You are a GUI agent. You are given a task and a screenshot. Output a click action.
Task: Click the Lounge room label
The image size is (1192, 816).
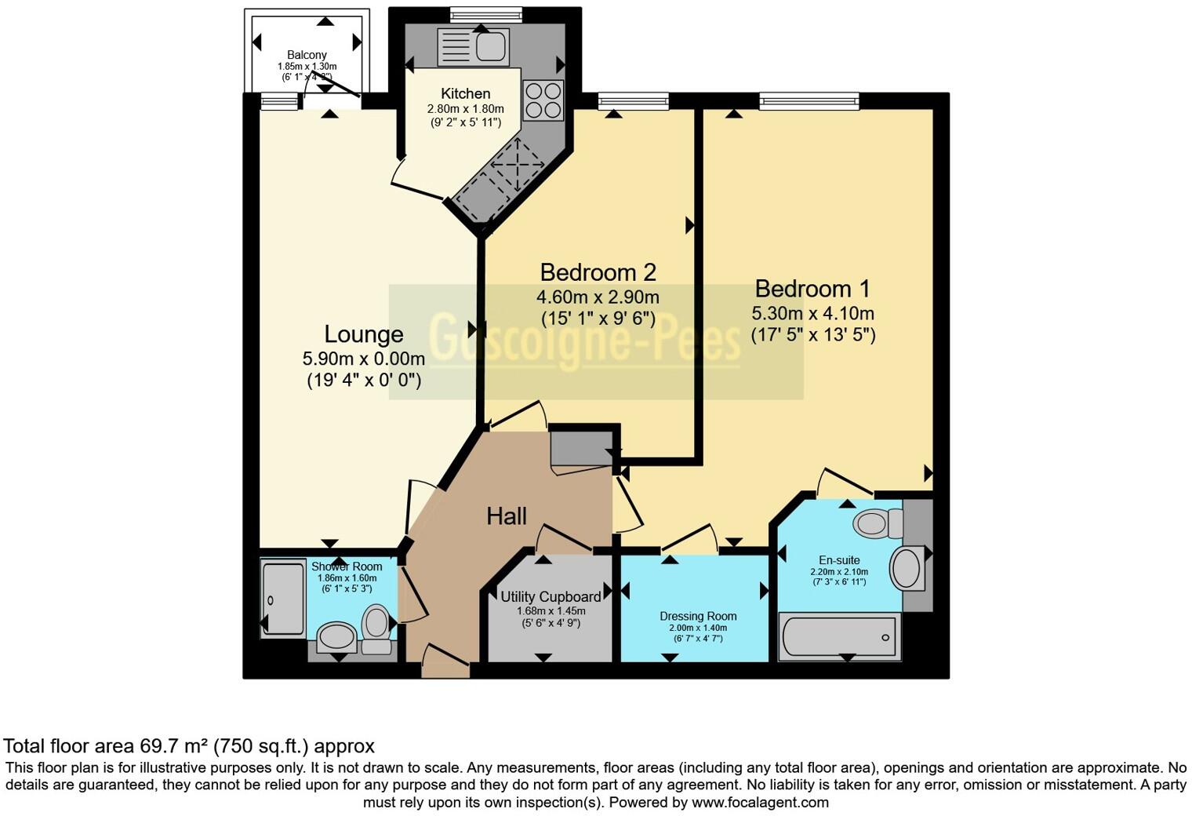pos(364,334)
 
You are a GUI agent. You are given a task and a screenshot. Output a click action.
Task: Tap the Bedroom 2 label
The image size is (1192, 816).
pos(598,272)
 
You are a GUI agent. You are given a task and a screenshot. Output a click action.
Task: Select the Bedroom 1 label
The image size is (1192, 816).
pos(812,289)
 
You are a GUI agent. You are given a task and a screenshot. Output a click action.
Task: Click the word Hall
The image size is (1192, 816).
pos(506,516)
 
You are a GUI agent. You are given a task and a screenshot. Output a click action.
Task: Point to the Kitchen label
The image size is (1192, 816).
pos(465,93)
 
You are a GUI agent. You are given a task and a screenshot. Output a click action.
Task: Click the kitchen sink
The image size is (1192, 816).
pos(491,46)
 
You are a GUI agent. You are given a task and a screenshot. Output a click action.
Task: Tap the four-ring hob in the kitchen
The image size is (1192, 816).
pos(543,100)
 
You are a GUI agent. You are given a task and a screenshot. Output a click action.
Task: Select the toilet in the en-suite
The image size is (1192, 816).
pos(877,523)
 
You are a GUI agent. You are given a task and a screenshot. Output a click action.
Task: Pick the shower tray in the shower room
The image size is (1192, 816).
pos(282,599)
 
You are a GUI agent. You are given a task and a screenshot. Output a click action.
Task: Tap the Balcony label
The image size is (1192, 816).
pos(307,55)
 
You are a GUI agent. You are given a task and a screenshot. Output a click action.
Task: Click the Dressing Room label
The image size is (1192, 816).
pos(698,616)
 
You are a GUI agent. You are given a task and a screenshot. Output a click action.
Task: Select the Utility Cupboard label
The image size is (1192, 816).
pos(551,596)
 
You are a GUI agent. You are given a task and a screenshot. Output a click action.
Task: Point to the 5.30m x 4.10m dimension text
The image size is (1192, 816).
pos(812,314)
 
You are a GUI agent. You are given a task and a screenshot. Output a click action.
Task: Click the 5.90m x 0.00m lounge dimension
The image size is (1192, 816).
pos(364,359)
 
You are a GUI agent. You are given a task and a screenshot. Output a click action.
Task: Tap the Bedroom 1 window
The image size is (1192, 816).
pos(809,100)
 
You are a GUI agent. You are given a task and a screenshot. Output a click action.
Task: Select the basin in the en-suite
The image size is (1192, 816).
pos(907,568)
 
